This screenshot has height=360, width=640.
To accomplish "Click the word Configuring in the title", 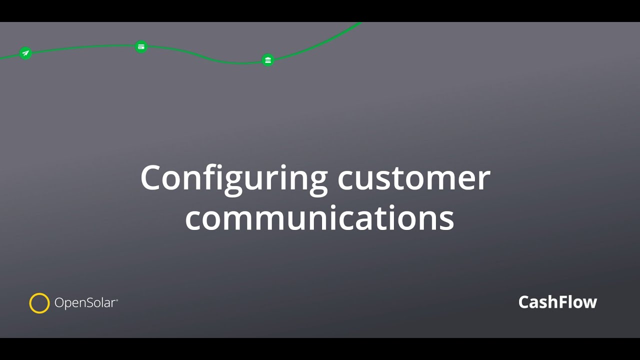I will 233,178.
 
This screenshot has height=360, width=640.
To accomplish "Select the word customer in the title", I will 414,178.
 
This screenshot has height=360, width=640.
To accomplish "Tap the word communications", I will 319,218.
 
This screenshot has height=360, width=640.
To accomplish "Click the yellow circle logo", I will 39,303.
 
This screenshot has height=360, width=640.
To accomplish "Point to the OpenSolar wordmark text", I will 85,303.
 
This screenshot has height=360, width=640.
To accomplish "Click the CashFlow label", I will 557,302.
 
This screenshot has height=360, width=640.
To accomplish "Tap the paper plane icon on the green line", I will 25,53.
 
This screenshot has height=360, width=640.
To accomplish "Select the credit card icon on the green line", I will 141,47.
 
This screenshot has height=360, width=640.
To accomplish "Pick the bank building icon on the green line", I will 268,60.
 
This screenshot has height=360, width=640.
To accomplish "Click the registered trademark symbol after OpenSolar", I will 117,300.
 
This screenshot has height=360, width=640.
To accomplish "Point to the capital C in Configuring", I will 151,178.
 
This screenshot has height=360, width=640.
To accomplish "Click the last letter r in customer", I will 485,180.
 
